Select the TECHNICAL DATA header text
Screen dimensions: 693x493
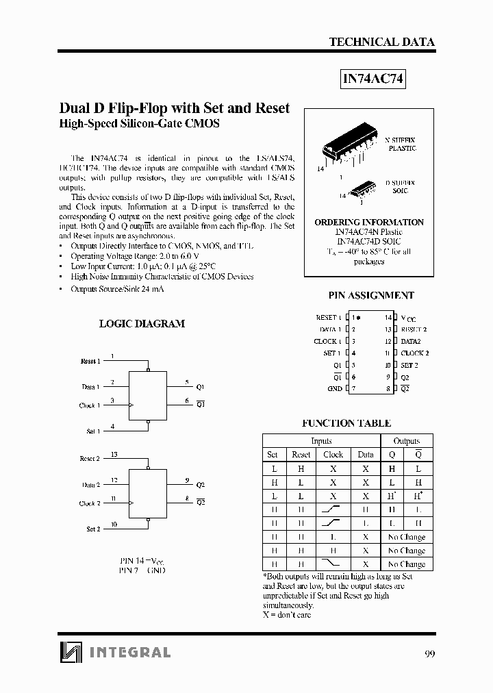click(x=381, y=42)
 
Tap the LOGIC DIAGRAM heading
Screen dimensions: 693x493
click(x=142, y=323)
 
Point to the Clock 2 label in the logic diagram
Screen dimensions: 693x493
click(x=89, y=503)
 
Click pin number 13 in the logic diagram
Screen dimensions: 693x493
click(x=114, y=454)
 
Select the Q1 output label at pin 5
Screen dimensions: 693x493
click(x=200, y=387)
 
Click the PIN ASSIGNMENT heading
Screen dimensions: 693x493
click(x=371, y=296)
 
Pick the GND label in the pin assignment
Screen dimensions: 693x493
click(x=334, y=389)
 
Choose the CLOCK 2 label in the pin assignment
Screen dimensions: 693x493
click(x=415, y=353)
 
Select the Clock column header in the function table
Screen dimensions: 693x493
click(x=333, y=455)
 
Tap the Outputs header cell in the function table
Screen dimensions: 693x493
click(x=407, y=441)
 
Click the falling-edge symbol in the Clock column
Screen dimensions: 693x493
click(x=333, y=564)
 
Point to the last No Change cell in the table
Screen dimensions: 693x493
click(x=407, y=564)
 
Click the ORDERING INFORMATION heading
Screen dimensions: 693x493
click(x=369, y=223)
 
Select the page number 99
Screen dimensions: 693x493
click(x=429, y=653)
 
